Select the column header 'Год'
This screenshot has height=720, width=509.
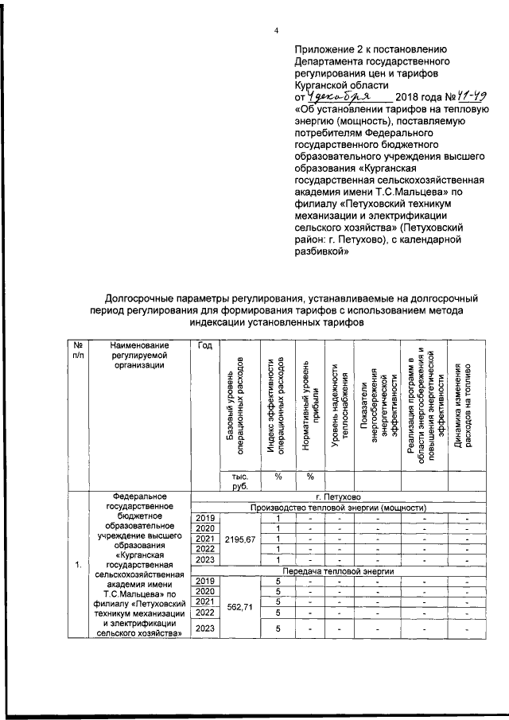point(204,345)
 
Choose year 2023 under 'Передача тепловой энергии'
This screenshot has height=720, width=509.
point(205,629)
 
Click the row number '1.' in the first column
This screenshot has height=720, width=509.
point(78,565)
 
